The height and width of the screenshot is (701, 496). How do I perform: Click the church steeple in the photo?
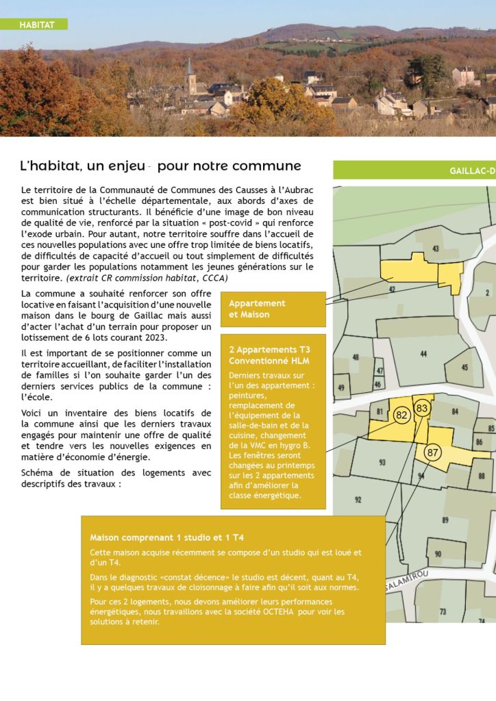pos(190,69)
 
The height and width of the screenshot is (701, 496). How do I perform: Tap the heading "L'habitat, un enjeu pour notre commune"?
pos(160,166)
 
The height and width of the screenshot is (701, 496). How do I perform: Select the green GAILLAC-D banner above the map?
pos(414,170)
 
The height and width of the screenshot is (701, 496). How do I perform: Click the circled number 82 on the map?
pos(402,415)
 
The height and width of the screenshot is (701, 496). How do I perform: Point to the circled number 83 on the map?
pos(422,408)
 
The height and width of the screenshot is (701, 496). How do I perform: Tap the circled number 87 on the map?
pos(432,452)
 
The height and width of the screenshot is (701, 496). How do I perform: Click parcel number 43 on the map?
pos(436,248)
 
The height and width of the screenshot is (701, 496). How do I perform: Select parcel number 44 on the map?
pos(423,354)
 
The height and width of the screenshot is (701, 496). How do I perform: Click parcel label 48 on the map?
pos(356,357)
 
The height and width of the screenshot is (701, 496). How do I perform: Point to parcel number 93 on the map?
pos(382,463)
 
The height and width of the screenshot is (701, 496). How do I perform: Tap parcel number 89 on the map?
pos(445,520)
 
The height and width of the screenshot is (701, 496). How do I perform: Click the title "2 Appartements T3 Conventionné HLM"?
pos(271,355)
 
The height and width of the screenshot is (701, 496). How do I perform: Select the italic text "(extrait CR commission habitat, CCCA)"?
pos(147,279)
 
